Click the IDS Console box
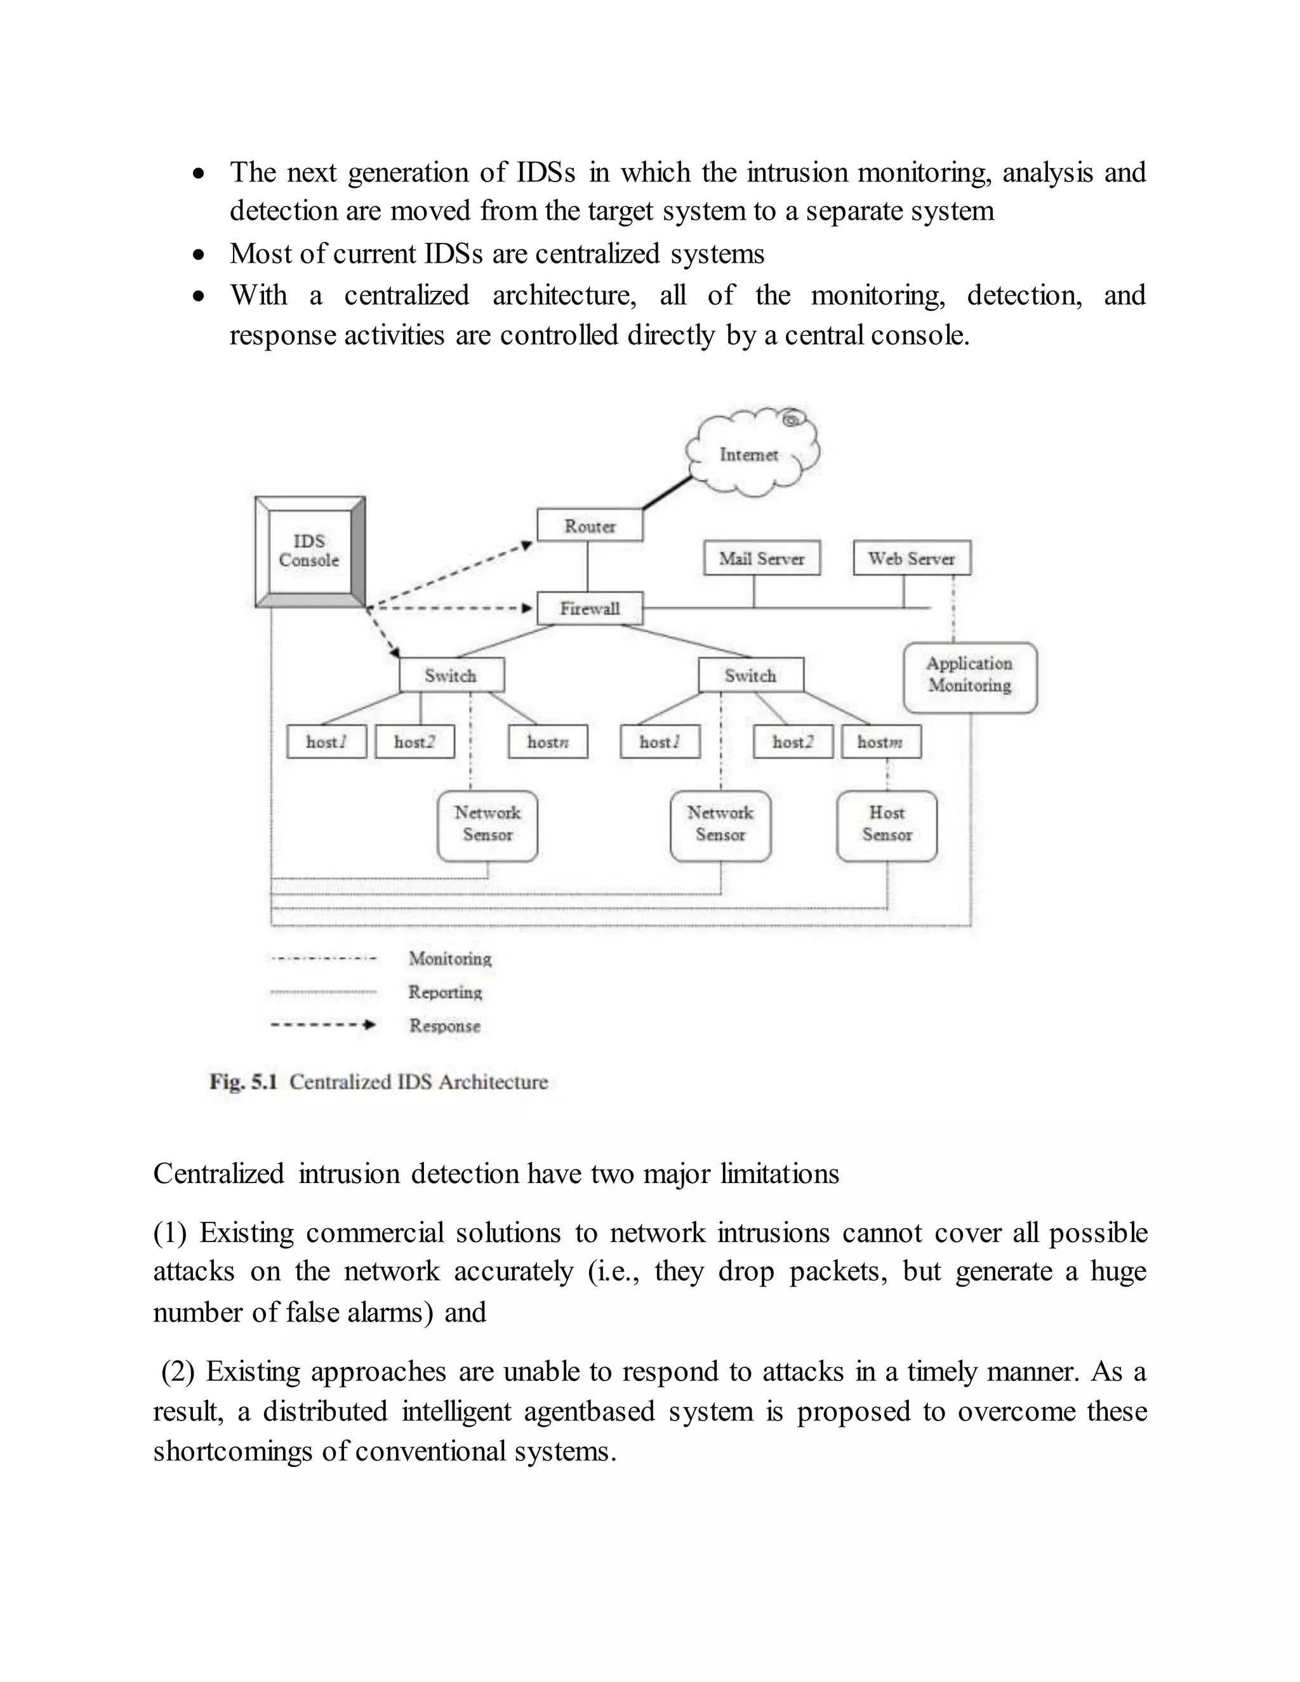pos(309,552)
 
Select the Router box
pos(590,526)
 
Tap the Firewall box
pos(590,609)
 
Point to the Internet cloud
pos(750,454)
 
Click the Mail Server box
pos(762,559)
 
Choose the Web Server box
pos(912,559)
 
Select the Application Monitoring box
pos(970,675)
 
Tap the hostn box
pos(548,741)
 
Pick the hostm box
pos(880,741)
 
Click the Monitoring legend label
pos(450,959)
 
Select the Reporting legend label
pos(445,992)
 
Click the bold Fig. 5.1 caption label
pos(242,1082)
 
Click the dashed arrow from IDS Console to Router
pos(447,574)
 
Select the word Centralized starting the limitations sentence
pos(219,1174)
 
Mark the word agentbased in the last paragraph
pos(589,1412)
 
